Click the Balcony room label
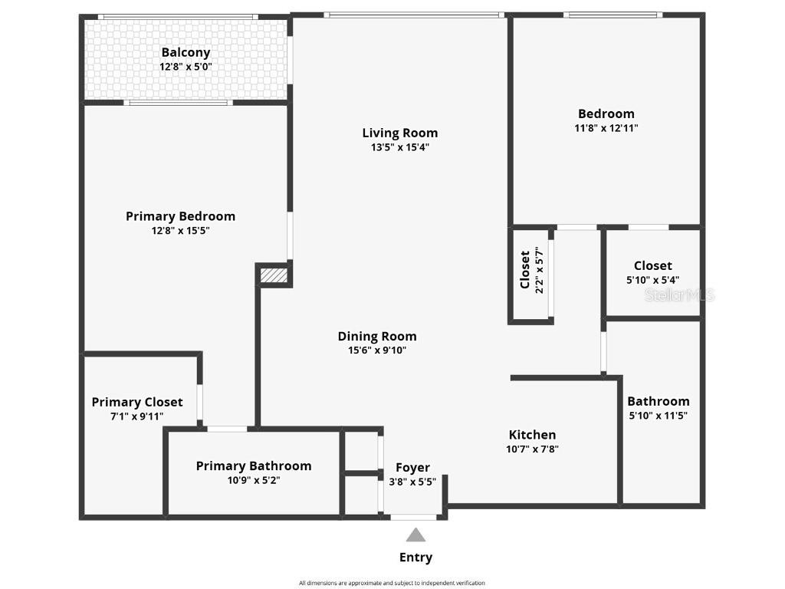(186, 52)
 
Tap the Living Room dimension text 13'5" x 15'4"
(399, 147)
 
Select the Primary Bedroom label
(180, 216)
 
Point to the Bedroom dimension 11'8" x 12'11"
(606, 128)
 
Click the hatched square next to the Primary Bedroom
(274, 275)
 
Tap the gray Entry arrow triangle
(415, 535)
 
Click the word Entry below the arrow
(415, 558)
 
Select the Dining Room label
(377, 336)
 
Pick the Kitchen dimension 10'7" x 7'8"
(532, 449)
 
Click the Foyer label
(412, 467)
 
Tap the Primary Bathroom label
(254, 466)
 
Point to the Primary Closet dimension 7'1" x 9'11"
(137, 416)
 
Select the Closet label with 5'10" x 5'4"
(652, 266)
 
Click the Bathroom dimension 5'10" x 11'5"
(658, 416)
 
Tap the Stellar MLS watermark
(679, 294)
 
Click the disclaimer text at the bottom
(392, 583)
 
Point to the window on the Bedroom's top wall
(613, 15)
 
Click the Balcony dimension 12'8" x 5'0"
(186, 67)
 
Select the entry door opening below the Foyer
(414, 517)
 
